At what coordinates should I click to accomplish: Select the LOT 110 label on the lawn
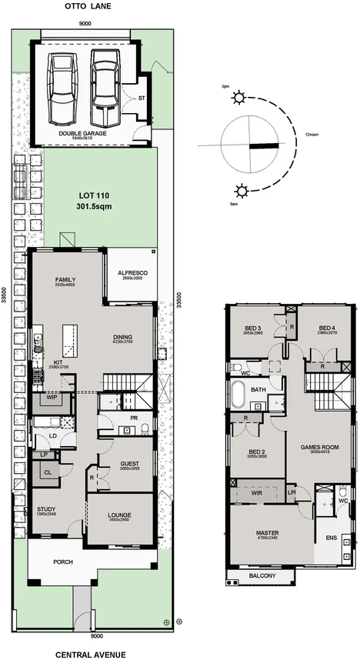click(94, 201)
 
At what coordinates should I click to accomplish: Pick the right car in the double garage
click(104, 88)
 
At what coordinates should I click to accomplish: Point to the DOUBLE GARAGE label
click(82, 132)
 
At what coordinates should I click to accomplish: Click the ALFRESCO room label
click(132, 272)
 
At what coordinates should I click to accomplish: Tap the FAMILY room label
click(65, 279)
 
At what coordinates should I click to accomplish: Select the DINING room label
click(122, 337)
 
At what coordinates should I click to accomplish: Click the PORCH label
click(63, 562)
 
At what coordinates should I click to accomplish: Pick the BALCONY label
click(263, 575)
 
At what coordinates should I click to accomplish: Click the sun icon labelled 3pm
click(242, 98)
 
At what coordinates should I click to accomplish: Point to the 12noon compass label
click(312, 135)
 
